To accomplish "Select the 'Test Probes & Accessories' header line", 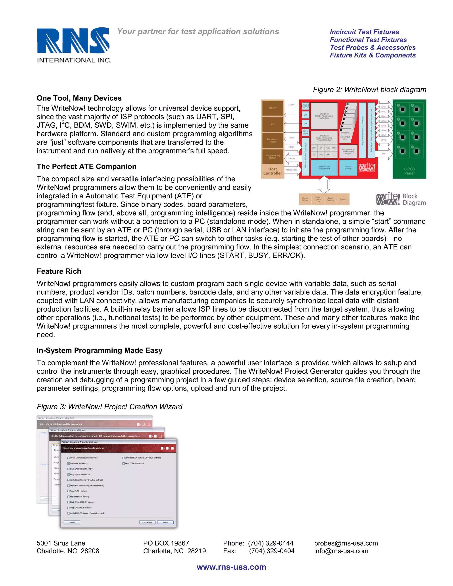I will coord(372,48).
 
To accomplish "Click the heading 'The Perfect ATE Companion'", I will coord(86,167).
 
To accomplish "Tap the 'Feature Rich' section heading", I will coord(59,271).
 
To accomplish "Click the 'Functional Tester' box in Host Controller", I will coord(272,140).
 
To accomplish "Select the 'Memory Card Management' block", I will coord(324,168).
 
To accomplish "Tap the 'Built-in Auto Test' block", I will coord(348,168).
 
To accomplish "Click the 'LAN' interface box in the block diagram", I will coord(305,124).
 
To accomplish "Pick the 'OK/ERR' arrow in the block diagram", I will coord(292,158).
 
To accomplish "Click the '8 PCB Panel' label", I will coord(409,171).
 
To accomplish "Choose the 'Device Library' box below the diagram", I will coord(305,199).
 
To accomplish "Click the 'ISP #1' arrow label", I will coord(384,107).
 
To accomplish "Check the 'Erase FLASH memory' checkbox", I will coord(69,463).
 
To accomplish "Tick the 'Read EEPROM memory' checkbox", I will coord(123,463).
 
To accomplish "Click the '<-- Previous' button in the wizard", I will coord(147,522).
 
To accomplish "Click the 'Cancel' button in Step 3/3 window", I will coord(72,522).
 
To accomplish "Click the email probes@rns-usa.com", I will coord(346,543).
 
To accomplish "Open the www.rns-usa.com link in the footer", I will coord(231,567).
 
